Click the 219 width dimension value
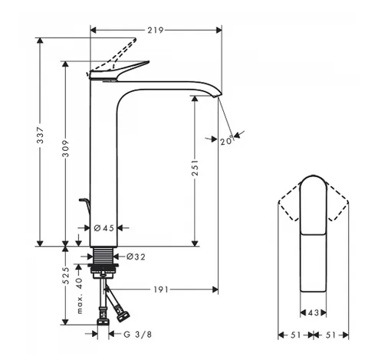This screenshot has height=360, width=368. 156,30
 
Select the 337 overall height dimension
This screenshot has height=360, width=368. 41,135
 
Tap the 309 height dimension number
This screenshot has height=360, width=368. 66,149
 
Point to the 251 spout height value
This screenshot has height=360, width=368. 195,168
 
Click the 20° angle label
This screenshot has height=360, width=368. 227,140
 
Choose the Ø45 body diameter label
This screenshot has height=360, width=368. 104,227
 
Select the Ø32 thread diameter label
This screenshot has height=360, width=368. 136,257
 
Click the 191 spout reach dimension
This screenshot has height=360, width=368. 161,290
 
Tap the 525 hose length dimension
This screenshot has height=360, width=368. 66,276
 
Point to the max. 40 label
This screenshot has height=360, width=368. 80,296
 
